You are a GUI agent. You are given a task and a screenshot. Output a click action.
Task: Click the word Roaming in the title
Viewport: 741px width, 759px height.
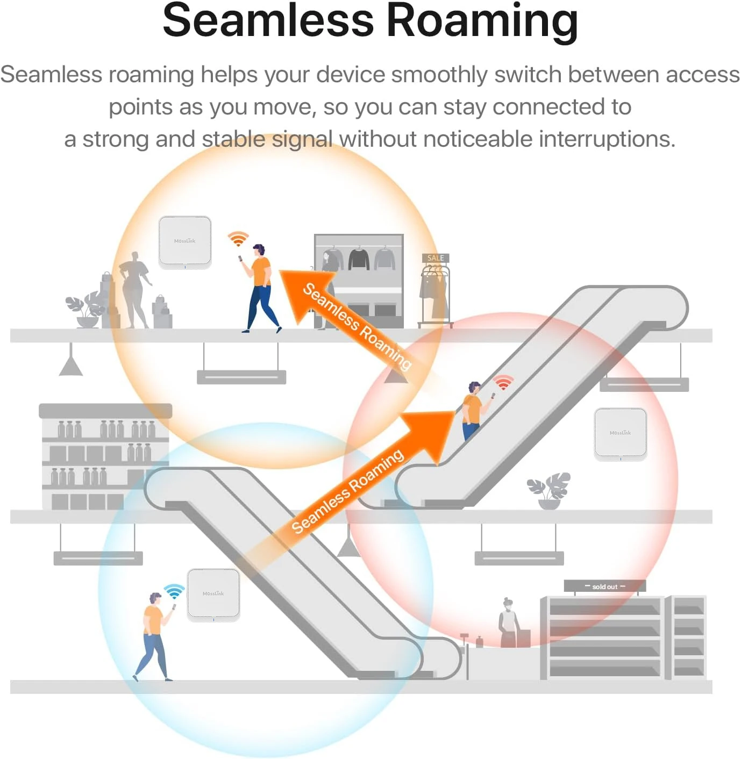coord(483,23)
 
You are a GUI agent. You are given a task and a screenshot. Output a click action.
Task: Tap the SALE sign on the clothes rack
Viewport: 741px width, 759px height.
coord(436,258)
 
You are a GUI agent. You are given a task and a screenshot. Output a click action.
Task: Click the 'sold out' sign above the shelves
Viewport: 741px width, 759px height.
coord(604,586)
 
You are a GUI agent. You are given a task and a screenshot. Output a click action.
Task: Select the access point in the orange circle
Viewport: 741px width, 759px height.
coord(185,242)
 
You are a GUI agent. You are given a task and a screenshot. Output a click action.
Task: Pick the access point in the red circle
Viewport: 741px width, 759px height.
coord(620,434)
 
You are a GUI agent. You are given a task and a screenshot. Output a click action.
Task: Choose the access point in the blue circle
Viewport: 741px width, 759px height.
coord(213,595)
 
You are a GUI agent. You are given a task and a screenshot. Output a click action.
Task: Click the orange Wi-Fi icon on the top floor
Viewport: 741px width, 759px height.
coord(238,238)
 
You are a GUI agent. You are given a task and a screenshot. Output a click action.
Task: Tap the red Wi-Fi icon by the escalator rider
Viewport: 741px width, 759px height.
coord(503,382)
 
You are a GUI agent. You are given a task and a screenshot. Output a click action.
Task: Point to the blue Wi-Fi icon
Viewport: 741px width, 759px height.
coord(174,591)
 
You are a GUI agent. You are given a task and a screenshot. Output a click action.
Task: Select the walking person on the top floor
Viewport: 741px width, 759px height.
coord(259,289)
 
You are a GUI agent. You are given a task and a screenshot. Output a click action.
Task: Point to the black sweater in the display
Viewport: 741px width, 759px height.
coord(359,259)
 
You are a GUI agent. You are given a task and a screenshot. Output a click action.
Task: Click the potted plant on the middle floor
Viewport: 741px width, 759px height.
coord(548,491)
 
